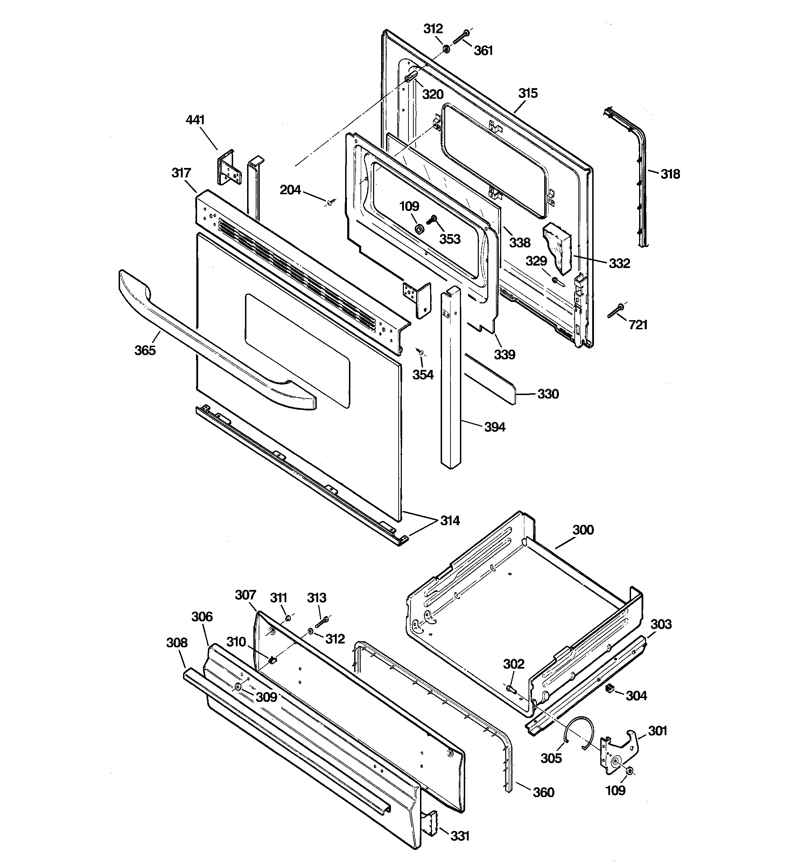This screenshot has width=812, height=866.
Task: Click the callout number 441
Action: pyautogui.click(x=195, y=120)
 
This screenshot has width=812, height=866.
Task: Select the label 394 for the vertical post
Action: pyautogui.click(x=495, y=427)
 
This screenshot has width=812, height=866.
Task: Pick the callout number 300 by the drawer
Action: pyautogui.click(x=583, y=530)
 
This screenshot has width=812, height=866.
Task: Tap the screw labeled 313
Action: pyautogui.click(x=322, y=622)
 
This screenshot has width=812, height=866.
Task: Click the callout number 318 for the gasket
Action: pyautogui.click(x=670, y=174)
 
